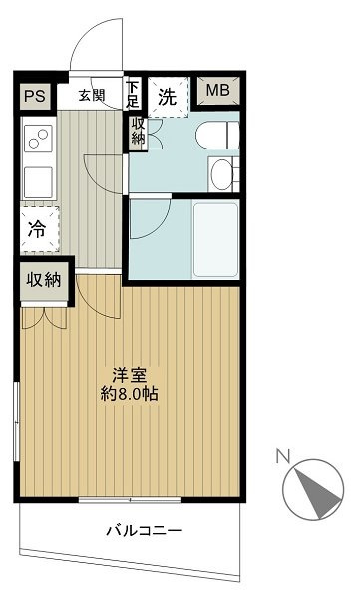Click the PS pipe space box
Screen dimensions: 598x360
point(35,97)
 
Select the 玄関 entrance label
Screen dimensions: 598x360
point(91,96)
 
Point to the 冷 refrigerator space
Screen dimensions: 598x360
point(37,229)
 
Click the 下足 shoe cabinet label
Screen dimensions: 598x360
point(133,95)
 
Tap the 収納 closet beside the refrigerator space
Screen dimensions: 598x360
point(44,280)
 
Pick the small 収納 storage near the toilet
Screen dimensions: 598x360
point(138,134)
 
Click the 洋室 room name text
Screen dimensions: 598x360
point(131,376)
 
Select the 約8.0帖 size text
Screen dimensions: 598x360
point(131,394)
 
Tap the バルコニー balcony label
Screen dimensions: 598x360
point(144,531)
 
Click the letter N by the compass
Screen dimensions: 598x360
point(283,457)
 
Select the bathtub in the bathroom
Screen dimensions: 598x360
point(211,240)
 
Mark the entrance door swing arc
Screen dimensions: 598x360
point(97,45)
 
